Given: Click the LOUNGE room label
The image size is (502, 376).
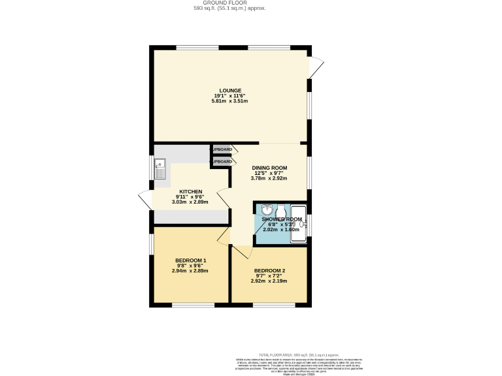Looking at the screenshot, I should [229, 90].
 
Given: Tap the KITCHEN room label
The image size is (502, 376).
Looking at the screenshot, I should [190, 191].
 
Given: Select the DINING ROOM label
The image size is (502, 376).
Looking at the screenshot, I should [270, 167].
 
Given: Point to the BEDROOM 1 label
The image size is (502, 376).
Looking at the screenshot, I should [190, 260].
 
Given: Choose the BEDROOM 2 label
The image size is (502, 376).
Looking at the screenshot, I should [269, 270].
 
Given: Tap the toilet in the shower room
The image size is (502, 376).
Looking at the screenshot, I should [281, 210].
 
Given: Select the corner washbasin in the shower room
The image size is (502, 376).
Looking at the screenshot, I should [267, 210].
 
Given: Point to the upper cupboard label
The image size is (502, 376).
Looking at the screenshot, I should [222, 149].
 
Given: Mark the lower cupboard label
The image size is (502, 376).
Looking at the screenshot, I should [222, 161].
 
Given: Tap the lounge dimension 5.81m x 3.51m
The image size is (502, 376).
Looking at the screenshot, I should [229, 101].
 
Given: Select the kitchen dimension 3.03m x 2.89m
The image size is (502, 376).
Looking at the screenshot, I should [190, 202].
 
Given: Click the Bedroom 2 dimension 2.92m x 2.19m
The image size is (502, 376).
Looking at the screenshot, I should [269, 281].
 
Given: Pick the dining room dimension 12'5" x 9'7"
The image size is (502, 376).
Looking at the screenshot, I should [270, 173].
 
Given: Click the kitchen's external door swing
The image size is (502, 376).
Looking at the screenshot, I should [145, 199].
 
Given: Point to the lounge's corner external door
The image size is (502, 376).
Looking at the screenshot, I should [316, 66].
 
